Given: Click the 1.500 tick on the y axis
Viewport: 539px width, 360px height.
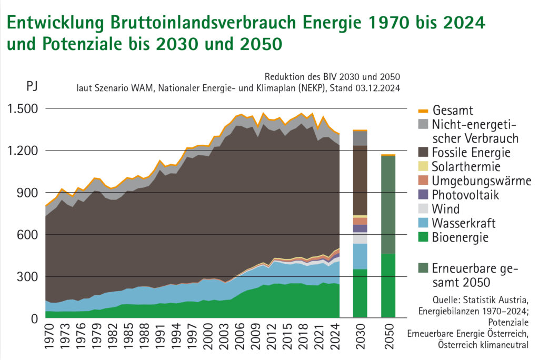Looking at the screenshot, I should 22,109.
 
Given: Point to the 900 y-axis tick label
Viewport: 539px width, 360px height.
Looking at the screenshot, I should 27,193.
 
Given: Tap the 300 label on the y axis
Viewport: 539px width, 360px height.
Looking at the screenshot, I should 27,276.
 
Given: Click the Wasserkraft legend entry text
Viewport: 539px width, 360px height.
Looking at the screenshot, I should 464,223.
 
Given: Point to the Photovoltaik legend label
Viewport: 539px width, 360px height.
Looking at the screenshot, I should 465,195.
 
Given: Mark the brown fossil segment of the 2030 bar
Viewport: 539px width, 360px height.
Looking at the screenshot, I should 361,179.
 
